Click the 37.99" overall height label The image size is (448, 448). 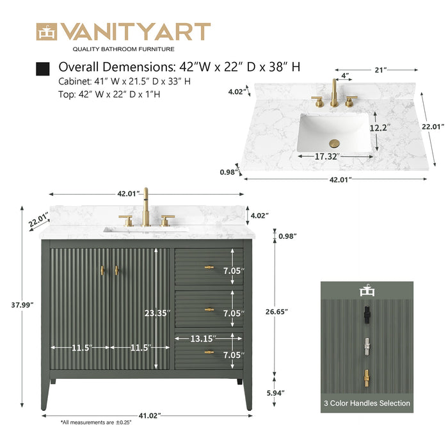[22, 305]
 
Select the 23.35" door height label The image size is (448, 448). [157, 313]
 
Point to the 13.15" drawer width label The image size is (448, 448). [203, 339]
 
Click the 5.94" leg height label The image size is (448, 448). [276, 393]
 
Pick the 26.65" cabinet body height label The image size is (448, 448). [276, 312]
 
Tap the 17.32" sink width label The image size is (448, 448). [327, 156]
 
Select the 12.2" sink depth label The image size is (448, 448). [380, 128]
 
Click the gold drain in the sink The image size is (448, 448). [333, 143]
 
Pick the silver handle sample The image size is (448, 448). [367, 347]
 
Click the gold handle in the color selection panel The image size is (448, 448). [367, 379]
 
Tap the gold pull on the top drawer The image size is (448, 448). [209, 268]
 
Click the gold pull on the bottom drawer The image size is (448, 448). [209, 352]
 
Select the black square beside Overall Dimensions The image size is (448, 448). [43, 69]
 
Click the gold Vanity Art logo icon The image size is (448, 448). [47, 32]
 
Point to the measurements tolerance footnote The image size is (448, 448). [96, 422]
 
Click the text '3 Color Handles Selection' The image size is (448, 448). [367, 403]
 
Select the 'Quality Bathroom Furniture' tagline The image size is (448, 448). [124, 49]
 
